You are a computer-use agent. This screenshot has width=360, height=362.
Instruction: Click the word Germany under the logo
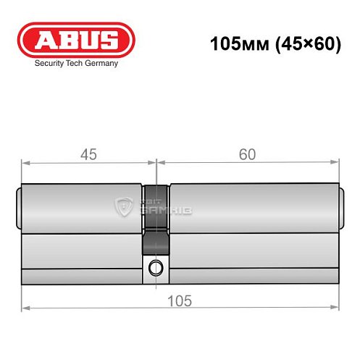click(100, 63)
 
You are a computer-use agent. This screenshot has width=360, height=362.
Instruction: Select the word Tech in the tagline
click(75, 63)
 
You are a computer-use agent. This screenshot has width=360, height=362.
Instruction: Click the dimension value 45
click(88, 154)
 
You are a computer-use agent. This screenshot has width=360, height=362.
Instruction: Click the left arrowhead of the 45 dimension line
click(25, 163)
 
